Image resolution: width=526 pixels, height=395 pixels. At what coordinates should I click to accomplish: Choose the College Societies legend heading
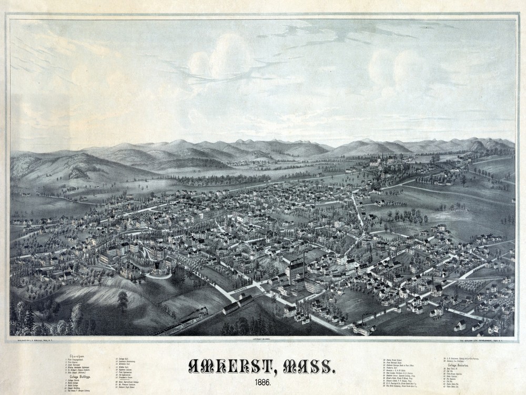coord(458,364)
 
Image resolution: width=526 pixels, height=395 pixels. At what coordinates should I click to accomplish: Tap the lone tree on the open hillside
coord(123,301)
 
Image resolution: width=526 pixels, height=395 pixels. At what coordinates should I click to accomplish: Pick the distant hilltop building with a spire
coord(377,161)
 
